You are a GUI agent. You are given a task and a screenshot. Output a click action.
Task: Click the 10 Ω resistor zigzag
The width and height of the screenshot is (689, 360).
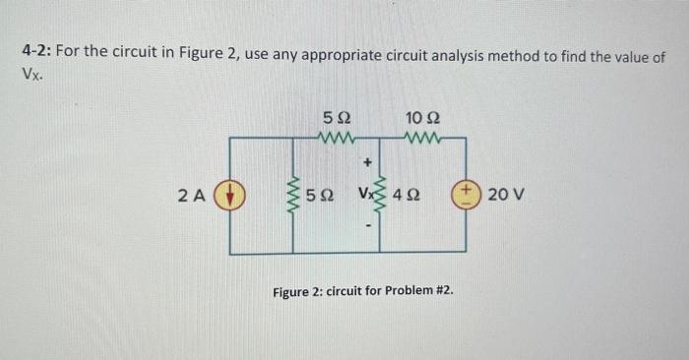coord(421,139)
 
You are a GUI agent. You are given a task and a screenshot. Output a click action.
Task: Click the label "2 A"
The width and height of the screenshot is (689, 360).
coord(193,195)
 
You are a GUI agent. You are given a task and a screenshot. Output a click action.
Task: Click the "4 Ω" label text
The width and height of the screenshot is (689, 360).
coord(406,195)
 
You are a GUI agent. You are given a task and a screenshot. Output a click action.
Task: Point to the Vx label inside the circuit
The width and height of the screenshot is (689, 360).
coord(361,195)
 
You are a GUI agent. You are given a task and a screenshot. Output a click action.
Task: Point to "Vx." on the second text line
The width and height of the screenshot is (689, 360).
coord(32,74)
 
